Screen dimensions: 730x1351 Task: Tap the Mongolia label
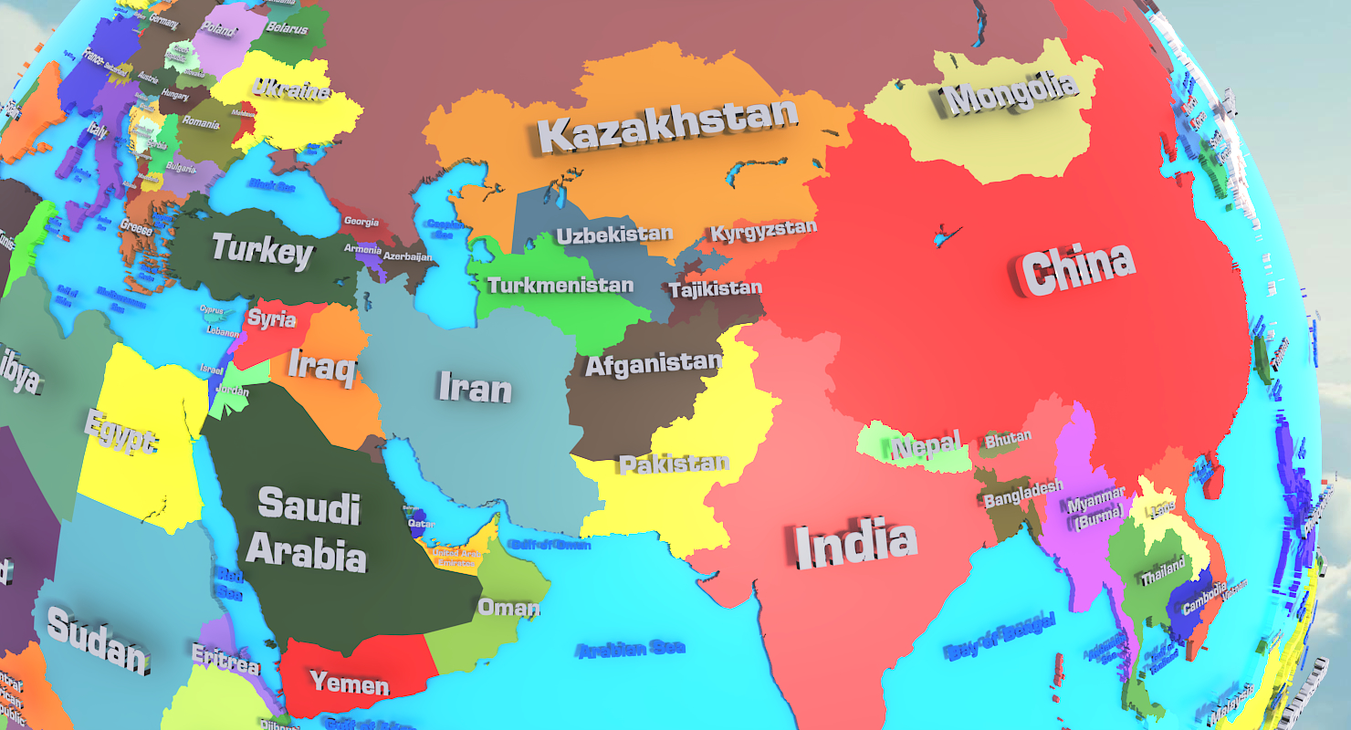pos(1011,93)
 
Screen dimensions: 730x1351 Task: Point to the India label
pos(855,544)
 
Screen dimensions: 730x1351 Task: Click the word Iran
pos(475,387)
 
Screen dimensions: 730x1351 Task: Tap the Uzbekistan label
pos(614,235)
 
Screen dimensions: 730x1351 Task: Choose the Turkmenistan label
pos(560,285)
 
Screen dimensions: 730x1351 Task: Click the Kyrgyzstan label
pos(763,231)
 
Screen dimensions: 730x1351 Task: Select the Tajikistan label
pos(715,290)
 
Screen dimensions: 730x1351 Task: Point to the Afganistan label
pos(653,364)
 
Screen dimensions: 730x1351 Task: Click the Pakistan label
pos(675,464)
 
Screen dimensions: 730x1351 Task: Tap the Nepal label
pos(926,446)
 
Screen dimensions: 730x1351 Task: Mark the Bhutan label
pos(1008,439)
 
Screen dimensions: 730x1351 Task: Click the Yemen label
pos(350,682)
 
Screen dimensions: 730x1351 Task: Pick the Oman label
pos(508,608)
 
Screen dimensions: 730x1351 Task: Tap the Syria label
pos(271,318)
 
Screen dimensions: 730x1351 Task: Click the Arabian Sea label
pos(631,649)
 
